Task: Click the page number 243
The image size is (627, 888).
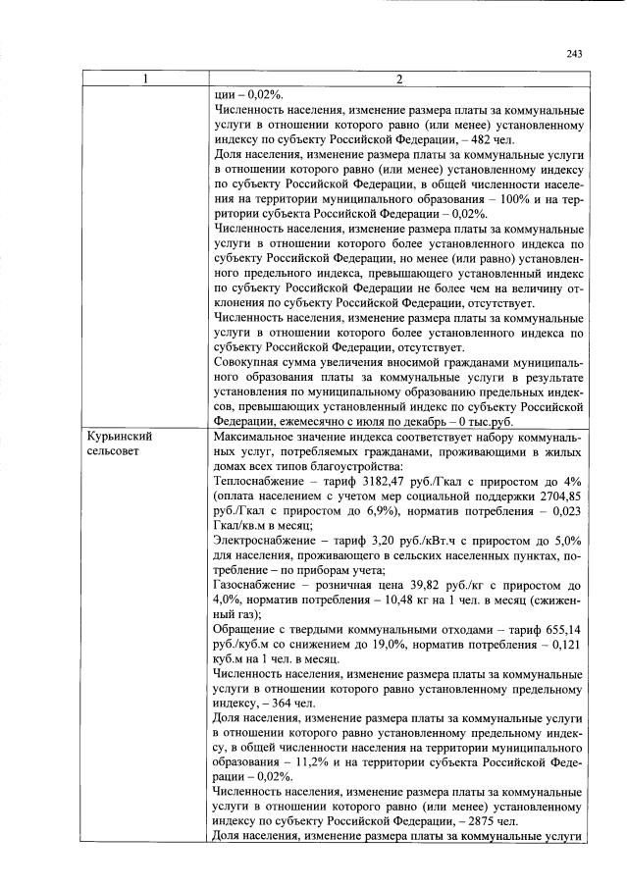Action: pos(575,54)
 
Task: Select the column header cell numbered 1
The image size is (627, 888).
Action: pos(145,79)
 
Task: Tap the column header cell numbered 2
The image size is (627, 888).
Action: pos(398,79)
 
